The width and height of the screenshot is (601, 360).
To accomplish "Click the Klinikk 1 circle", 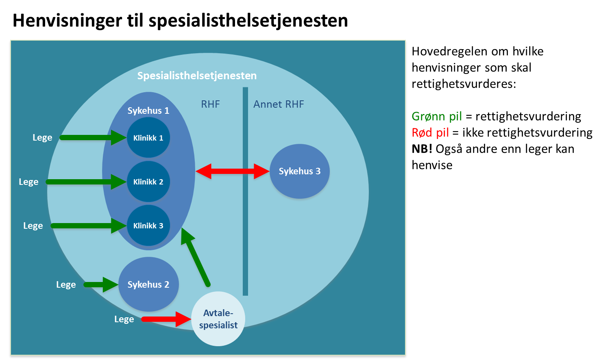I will (x=148, y=138).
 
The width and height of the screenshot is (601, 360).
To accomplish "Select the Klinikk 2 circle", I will (x=148, y=182).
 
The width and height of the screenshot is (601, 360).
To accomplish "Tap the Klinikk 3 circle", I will (x=148, y=226).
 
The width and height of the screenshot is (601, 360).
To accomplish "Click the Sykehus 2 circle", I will (x=148, y=284).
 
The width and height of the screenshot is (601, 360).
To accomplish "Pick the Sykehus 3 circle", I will (x=300, y=171).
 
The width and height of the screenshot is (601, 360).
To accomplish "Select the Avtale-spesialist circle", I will (x=218, y=319).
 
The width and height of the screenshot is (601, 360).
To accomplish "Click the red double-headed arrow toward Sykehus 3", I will (x=233, y=171).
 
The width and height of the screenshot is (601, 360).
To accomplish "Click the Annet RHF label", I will (x=279, y=104).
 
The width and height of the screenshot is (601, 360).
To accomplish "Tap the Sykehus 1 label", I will (x=148, y=111).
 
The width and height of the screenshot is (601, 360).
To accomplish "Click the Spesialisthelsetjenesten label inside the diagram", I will (x=197, y=76).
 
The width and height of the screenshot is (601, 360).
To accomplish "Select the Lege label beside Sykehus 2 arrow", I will (x=66, y=284).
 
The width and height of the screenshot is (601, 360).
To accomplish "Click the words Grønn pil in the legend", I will (x=437, y=117).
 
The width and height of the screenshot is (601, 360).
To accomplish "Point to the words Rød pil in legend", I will (x=430, y=133).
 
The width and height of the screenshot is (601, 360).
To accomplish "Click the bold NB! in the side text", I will (x=422, y=149).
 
